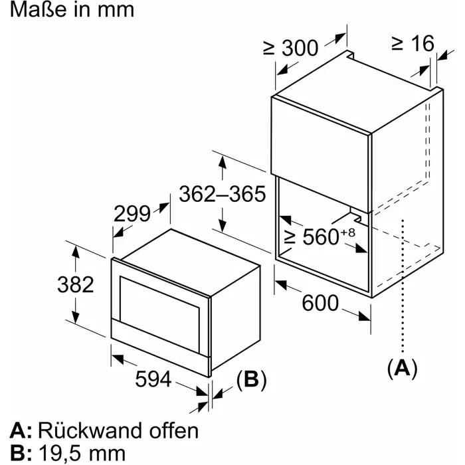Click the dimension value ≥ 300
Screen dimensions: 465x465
291,48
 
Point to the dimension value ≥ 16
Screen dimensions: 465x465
412,44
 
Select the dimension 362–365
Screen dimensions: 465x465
223,195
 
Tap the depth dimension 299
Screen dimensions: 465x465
133,214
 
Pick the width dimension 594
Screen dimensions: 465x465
153,379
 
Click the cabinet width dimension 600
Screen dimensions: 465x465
320,303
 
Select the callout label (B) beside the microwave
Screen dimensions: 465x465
251,380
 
